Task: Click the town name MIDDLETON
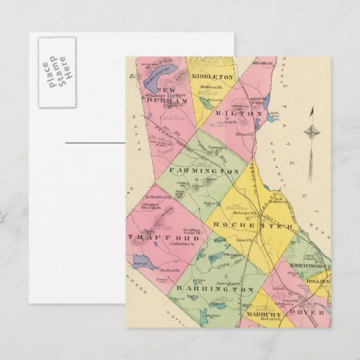click(x=212, y=77)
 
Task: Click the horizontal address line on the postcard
click(x=95, y=143)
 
